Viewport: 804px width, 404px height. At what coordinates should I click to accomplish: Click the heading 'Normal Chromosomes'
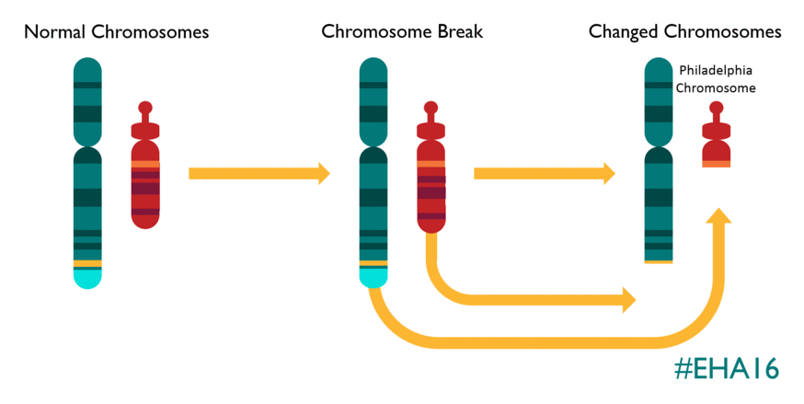116,32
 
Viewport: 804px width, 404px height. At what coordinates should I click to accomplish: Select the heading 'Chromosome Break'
402,32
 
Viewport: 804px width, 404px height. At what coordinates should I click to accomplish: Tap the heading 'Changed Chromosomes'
684,32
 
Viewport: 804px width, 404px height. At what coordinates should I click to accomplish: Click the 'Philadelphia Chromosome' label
717,79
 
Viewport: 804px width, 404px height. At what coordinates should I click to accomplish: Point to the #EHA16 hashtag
726,369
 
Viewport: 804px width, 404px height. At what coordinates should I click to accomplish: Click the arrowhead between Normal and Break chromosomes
323,173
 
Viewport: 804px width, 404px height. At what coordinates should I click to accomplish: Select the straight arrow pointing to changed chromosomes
543,173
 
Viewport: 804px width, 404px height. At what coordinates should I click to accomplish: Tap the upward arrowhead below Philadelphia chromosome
718,217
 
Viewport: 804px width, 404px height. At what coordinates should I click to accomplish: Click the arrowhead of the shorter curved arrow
629,298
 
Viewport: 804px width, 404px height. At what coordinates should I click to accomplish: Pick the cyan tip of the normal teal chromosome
87,277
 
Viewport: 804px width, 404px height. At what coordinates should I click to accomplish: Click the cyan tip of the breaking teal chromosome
373,277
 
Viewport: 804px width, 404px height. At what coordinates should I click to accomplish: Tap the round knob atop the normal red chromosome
145,108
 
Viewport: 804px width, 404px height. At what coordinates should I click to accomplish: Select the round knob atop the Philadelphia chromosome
717,108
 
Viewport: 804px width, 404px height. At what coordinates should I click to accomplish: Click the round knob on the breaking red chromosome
431,108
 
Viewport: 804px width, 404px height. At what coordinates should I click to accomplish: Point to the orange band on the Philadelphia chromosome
717,164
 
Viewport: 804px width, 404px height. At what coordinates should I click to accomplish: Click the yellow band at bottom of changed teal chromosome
658,261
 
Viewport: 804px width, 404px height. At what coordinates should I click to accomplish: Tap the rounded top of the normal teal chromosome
87,66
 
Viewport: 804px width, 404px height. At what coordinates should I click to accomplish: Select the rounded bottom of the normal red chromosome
145,222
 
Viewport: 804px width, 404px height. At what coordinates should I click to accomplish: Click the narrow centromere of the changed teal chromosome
658,146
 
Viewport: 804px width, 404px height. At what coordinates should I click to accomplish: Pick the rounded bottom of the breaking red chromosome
431,225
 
